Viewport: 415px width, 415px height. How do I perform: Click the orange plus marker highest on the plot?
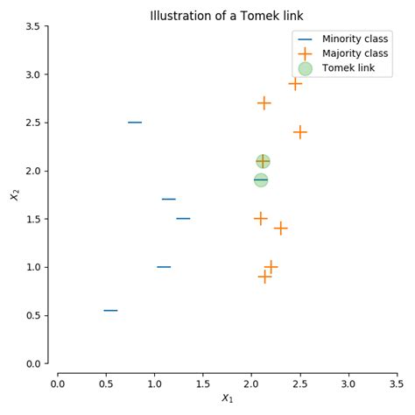(x=295, y=84)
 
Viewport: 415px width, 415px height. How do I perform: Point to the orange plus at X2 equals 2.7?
(x=264, y=103)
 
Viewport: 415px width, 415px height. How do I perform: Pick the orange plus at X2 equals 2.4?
(x=300, y=132)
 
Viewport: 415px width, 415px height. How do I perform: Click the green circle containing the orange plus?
(x=263, y=161)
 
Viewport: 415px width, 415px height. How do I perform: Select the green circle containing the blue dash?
(x=261, y=180)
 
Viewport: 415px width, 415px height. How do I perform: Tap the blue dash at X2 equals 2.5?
(x=135, y=123)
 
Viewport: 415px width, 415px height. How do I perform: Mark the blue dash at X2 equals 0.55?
(x=110, y=310)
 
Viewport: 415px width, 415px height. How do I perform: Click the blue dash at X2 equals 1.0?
(x=164, y=267)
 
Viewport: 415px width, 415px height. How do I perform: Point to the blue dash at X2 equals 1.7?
(x=169, y=200)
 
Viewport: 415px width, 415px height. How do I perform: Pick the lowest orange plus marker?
(x=264, y=277)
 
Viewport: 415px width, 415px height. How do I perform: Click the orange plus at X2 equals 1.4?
(x=280, y=229)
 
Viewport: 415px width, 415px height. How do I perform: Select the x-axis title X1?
(x=228, y=399)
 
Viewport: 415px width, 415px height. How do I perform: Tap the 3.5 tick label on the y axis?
(x=31, y=26)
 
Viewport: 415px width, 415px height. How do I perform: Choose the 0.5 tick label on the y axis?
(x=31, y=315)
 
